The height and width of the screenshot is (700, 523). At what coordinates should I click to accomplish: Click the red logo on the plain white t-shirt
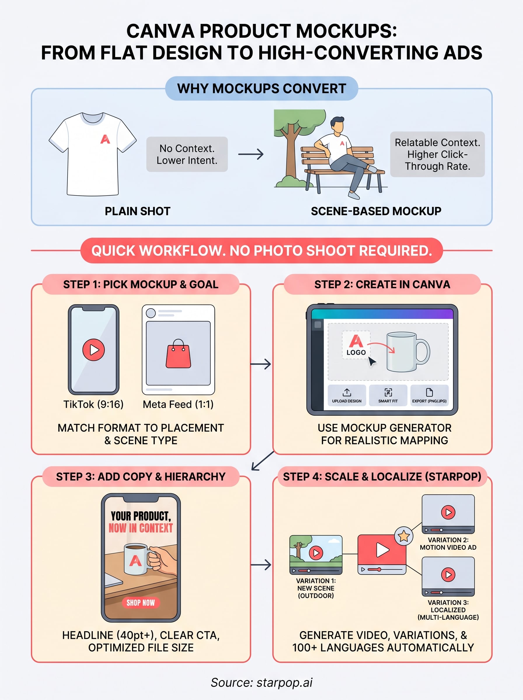click(x=105, y=139)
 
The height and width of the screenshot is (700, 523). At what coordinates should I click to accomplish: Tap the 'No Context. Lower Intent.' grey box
click(x=187, y=154)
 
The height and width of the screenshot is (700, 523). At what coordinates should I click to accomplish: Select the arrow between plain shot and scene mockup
click(x=251, y=154)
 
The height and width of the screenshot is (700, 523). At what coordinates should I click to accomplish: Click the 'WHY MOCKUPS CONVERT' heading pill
click(x=261, y=89)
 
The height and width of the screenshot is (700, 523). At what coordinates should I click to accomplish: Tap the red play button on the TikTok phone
click(x=93, y=349)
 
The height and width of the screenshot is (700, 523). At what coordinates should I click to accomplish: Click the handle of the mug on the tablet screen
click(x=423, y=351)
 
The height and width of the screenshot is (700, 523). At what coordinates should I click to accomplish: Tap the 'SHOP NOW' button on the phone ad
click(x=141, y=603)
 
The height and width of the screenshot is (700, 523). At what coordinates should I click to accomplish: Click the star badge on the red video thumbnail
click(x=404, y=536)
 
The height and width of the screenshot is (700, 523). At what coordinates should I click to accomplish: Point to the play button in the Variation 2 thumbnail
click(x=448, y=512)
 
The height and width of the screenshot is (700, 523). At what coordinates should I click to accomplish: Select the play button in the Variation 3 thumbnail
click(x=448, y=574)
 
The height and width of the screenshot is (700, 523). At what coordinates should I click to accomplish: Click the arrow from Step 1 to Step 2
click(x=261, y=364)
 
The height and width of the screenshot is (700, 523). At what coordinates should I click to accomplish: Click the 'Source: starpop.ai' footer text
click(x=261, y=682)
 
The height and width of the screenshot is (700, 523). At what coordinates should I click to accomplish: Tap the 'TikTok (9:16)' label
click(x=93, y=404)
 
